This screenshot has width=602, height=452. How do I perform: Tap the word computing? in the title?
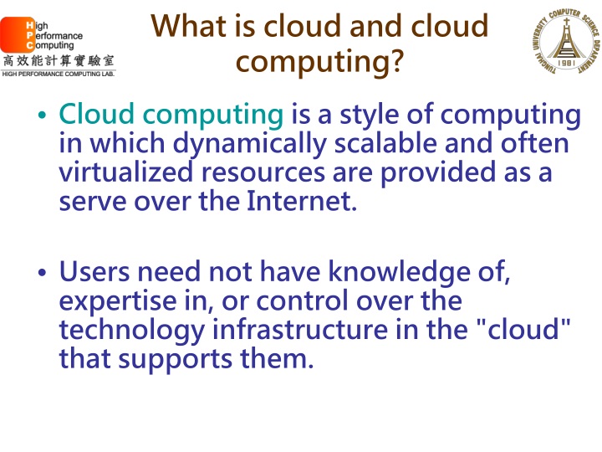click(318, 62)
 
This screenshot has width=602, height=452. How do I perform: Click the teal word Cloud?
click(91, 115)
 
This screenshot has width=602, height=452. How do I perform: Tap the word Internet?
click(304, 202)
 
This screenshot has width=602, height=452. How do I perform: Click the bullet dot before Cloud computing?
click(43, 117)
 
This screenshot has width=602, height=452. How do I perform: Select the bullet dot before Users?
click(43, 275)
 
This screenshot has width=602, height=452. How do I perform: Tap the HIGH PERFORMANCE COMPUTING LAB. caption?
click(58, 74)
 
